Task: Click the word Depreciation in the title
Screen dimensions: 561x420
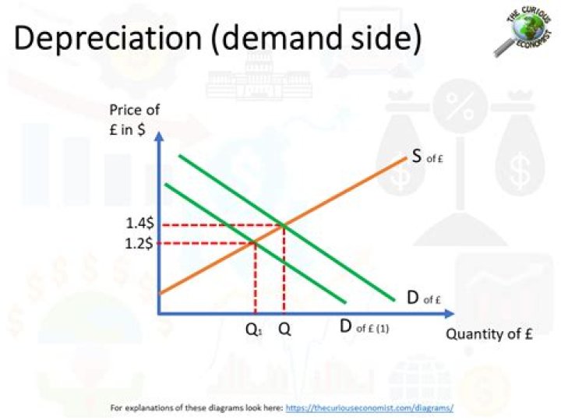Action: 108,38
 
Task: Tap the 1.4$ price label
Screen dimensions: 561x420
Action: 140,224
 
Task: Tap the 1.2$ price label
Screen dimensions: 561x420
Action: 139,244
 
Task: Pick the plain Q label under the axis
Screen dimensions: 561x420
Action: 285,329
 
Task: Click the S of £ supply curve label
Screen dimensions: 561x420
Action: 427,156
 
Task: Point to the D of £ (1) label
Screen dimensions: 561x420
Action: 364,326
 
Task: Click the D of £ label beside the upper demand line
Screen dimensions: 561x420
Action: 424,298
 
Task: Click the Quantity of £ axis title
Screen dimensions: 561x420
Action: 489,334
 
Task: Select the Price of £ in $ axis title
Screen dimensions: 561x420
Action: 134,119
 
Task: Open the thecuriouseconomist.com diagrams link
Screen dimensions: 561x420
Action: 369,408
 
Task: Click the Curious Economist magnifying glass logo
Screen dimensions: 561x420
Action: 522,31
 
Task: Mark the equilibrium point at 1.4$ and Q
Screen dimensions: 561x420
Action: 284,225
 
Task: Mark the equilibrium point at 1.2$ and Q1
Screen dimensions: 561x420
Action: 255,243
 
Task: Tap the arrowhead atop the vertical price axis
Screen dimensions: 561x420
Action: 160,136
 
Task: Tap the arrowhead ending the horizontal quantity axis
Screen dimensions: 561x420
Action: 450,314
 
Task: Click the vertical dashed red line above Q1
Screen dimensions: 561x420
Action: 255,278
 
